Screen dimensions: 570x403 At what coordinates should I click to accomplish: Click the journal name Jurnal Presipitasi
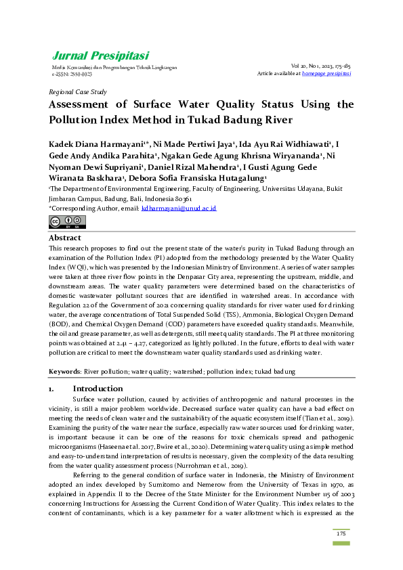[x=100, y=56]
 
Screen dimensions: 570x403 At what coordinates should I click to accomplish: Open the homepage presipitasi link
[x=326, y=73]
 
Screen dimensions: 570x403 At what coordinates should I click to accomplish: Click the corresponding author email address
[x=179, y=209]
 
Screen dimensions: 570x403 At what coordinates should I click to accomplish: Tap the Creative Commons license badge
[x=58, y=221]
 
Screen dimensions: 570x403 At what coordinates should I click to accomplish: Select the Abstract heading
[x=65, y=238]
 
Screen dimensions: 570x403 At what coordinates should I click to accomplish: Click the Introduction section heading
[x=98, y=389]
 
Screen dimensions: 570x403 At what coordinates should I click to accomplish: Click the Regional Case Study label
[x=78, y=91]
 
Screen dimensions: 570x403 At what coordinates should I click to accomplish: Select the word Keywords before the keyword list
[x=64, y=372]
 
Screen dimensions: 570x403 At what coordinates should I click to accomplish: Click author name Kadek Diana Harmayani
[x=92, y=144]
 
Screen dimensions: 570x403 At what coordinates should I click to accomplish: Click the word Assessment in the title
[x=78, y=104]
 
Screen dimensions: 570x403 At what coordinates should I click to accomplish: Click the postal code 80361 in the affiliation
[x=181, y=200]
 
